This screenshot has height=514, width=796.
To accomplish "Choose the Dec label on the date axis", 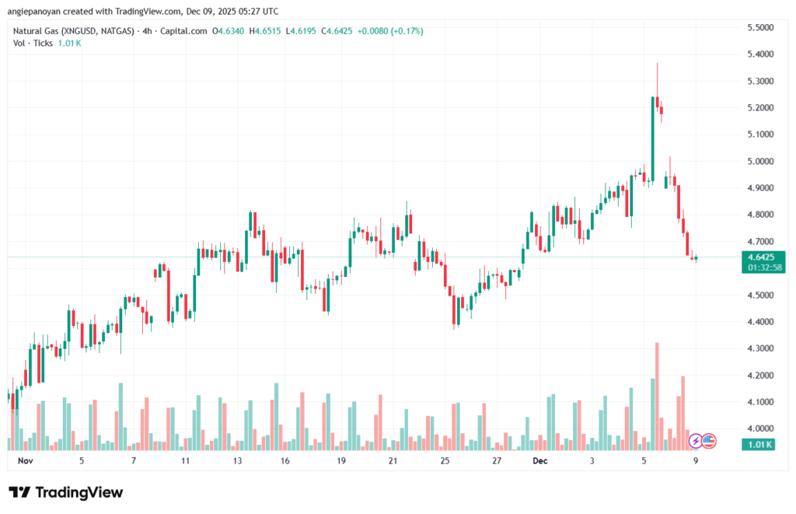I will click(x=541, y=460).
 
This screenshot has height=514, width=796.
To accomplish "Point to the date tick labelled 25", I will click(x=445, y=460).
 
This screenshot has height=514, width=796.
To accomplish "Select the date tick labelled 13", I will click(x=237, y=460).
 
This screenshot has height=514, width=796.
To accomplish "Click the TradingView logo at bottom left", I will click(x=65, y=492).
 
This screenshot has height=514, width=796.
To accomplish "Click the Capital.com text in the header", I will click(x=186, y=31).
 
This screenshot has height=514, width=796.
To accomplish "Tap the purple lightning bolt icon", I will click(x=696, y=442).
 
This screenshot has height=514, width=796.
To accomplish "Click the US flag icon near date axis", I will click(x=708, y=442).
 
